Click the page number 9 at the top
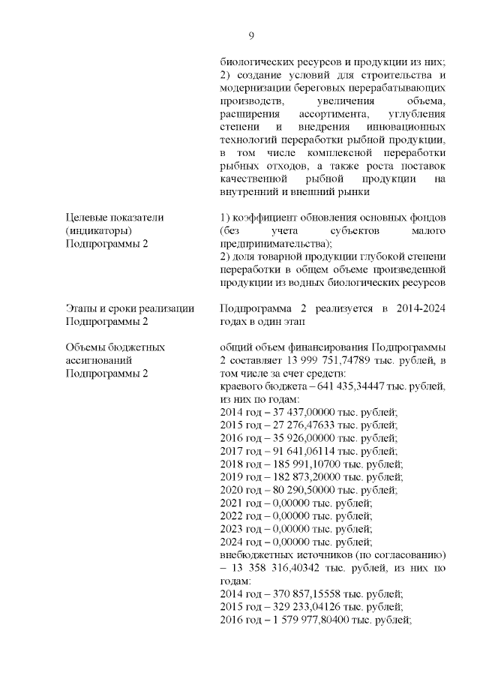click(x=252, y=35)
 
